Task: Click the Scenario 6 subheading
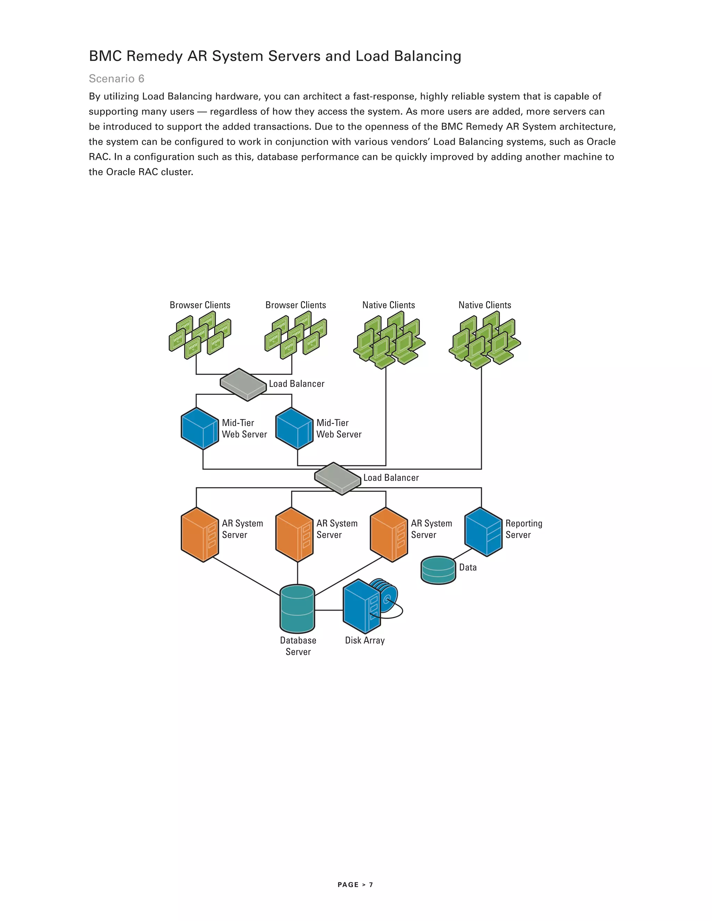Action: click(116, 79)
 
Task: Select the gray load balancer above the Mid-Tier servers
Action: click(243, 384)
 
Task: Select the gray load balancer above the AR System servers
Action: click(338, 478)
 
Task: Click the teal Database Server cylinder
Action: click(297, 609)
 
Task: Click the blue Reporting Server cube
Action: click(483, 532)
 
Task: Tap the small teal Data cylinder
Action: click(439, 570)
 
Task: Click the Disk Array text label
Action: click(365, 640)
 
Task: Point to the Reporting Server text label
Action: click(524, 529)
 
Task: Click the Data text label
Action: click(468, 567)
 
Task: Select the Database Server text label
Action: click(298, 646)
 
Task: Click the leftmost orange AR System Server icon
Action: click(200, 535)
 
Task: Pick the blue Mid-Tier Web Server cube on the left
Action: click(200, 428)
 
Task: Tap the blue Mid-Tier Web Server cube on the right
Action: click(294, 428)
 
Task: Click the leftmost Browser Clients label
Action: click(200, 305)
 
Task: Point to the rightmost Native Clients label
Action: click(485, 305)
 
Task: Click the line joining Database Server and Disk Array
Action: click(329, 610)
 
